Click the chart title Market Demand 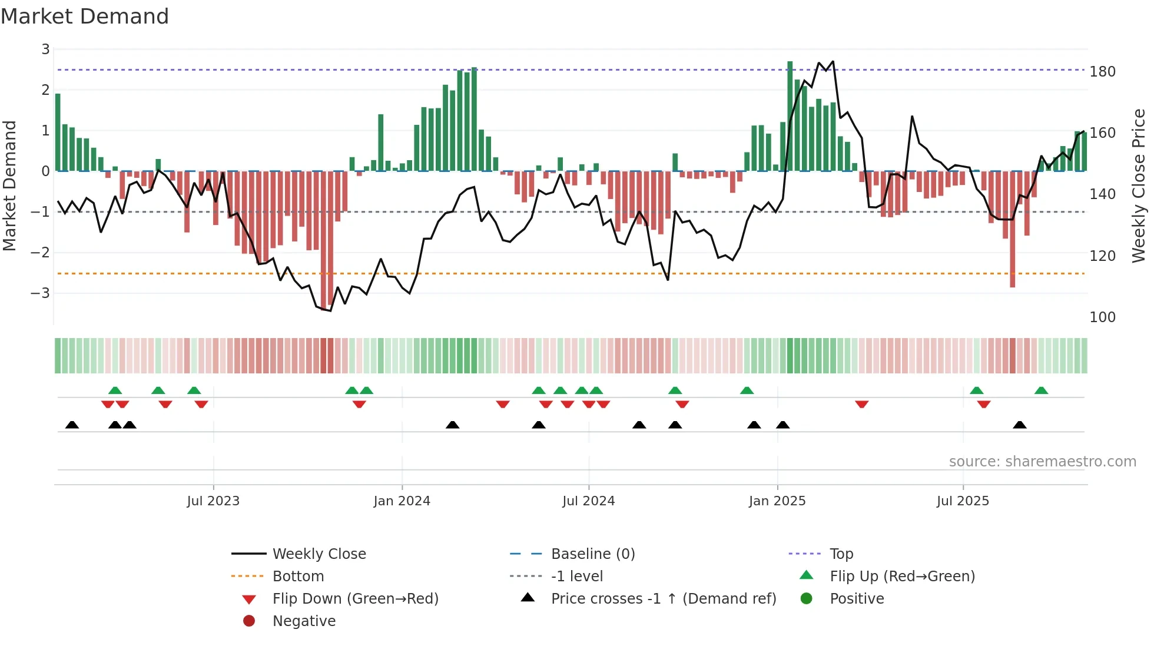pos(85,16)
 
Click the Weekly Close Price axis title pos(1139,186)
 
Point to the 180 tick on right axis pos(1102,72)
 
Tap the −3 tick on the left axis pos(40,293)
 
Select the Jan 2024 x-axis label pos(402,501)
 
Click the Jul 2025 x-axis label pos(963,501)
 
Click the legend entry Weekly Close pos(319,554)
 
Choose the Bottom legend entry pos(298,577)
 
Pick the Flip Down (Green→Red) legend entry pos(355,599)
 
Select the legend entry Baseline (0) pos(592,554)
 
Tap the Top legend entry pos(841,554)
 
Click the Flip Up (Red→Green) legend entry pos(902,577)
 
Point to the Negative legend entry pos(304,621)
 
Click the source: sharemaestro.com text pos(1042,462)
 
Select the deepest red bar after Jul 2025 pos(1012,230)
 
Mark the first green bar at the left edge pos(58,133)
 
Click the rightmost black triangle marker pos(1020,425)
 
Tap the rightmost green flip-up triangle pos(1041,390)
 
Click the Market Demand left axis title pos(9,186)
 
